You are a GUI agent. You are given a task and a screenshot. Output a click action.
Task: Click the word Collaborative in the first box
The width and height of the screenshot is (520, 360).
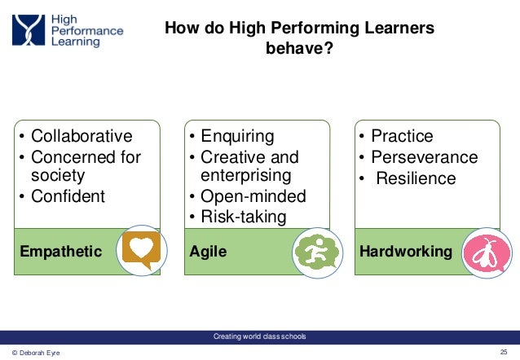click(x=81, y=136)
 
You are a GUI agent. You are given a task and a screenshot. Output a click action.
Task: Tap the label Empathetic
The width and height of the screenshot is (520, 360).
click(x=61, y=252)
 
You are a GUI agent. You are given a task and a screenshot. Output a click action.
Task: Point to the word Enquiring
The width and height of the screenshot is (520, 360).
click(x=238, y=136)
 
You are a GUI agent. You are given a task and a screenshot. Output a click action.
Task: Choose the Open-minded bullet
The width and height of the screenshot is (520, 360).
click(x=253, y=196)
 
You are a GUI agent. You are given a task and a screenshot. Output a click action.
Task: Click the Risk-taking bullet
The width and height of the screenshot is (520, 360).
click(x=244, y=216)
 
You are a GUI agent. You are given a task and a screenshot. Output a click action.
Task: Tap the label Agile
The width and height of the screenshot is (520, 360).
click(x=207, y=252)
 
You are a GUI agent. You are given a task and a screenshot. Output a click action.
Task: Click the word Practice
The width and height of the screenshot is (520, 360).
click(x=402, y=136)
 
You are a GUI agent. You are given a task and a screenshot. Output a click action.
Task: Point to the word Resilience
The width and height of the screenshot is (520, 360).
click(x=416, y=178)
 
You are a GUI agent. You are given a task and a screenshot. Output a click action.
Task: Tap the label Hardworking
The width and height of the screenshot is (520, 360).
click(x=406, y=252)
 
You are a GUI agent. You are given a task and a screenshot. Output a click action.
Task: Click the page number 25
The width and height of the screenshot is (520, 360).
click(x=503, y=352)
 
